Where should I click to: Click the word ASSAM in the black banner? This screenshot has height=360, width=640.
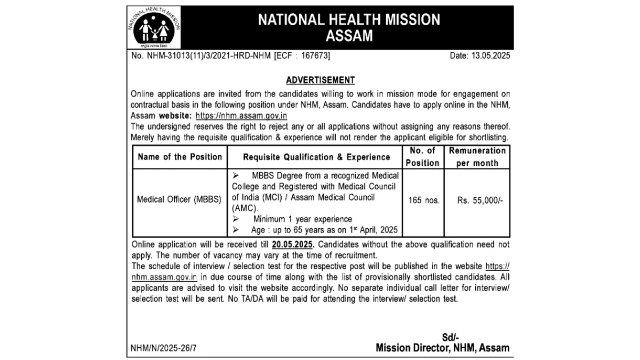(349, 36)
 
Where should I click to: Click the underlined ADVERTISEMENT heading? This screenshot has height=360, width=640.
(320, 80)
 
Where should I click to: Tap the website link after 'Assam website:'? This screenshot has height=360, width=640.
(242, 115)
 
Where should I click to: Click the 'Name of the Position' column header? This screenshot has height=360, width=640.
(180, 157)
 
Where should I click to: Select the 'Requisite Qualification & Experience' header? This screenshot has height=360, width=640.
(316, 157)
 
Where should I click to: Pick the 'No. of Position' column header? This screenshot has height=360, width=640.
(422, 157)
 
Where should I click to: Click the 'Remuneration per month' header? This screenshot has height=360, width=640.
(477, 157)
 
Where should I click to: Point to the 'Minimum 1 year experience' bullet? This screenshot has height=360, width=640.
(302, 219)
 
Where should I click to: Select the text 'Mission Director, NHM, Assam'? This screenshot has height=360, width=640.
(442, 348)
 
